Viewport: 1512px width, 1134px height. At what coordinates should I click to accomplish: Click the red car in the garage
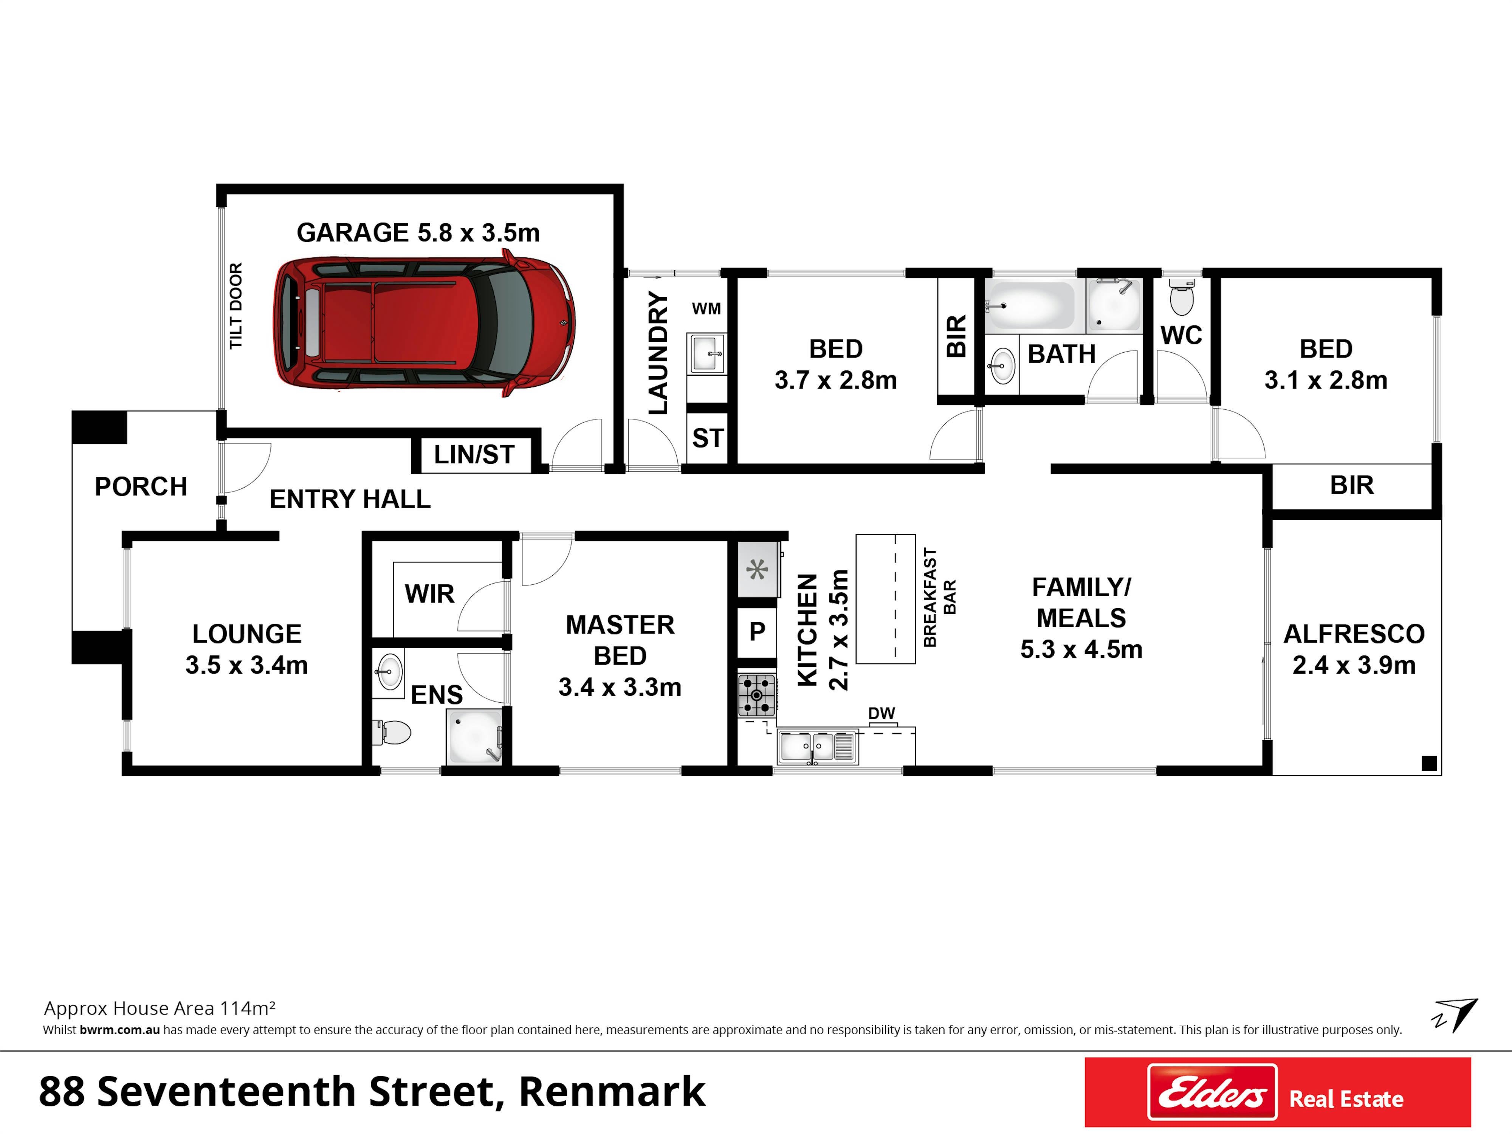(424, 323)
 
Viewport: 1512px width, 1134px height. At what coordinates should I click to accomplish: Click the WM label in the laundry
(706, 309)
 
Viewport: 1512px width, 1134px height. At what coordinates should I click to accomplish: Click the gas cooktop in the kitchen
(757, 695)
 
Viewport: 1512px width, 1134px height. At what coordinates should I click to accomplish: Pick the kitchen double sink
(818, 747)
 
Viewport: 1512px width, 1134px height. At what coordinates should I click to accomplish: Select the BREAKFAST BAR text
(940, 597)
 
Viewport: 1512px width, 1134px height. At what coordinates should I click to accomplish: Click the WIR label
(429, 594)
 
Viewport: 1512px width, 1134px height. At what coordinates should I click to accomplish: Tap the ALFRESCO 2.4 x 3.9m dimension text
(1353, 665)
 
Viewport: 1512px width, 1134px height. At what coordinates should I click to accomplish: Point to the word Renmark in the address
(612, 1092)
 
